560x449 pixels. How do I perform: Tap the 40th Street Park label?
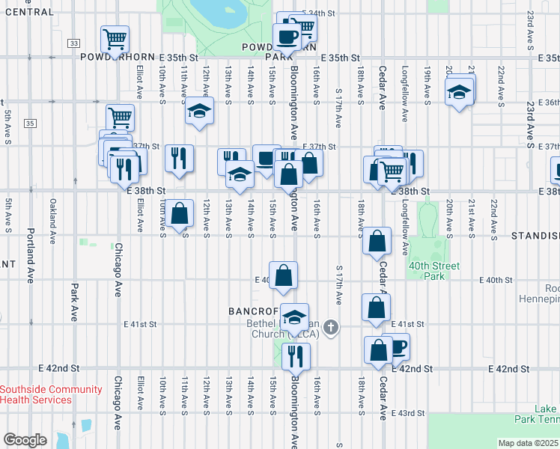pyautogui.click(x=434, y=271)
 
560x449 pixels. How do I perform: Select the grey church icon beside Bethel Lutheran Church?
pyautogui.click(x=332, y=327)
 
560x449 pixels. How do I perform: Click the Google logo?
pyautogui.click(x=25, y=440)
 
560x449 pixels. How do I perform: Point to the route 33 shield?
pyautogui.click(x=73, y=43)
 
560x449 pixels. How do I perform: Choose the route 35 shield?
pyautogui.click(x=29, y=123)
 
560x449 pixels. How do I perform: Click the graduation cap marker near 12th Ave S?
pyautogui.click(x=199, y=110)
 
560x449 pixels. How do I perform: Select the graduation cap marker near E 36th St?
pyautogui.click(x=459, y=92)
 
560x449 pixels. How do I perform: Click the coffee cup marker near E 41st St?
pyautogui.click(x=397, y=346)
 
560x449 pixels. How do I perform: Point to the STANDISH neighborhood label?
pyautogui.click(x=535, y=236)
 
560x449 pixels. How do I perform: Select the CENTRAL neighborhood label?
pyautogui.click(x=27, y=12)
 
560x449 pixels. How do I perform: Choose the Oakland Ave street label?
pyautogui.click(x=53, y=221)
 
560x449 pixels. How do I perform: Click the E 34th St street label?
pyautogui.click(x=320, y=13)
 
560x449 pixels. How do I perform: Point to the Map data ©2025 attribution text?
pyautogui.click(x=528, y=443)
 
